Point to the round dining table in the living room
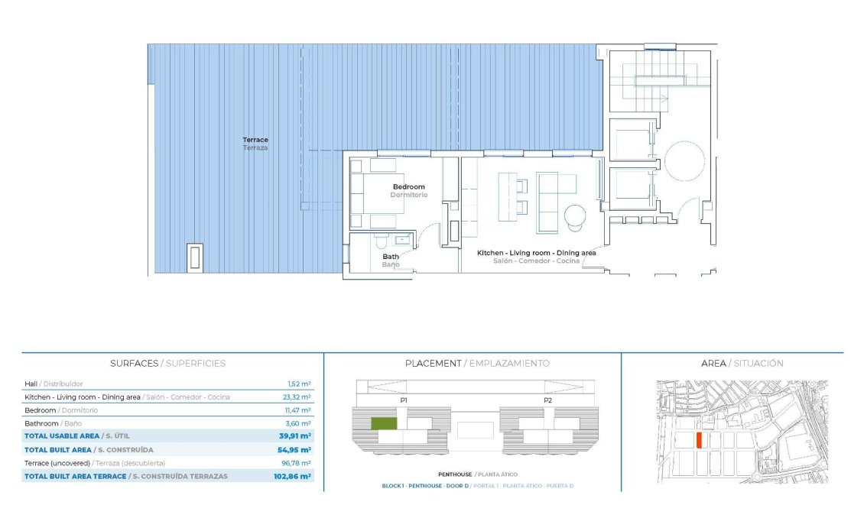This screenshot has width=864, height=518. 574,216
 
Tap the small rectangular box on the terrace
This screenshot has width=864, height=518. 196,257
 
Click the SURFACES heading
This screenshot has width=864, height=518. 135,364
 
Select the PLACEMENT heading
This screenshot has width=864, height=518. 433,364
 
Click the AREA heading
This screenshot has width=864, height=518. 713,364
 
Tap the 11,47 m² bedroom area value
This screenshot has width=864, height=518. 298,410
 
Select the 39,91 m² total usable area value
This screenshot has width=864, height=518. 295,435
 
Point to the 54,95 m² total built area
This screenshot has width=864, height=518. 295,450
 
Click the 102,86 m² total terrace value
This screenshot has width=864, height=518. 294,476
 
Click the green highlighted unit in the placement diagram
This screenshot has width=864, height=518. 384,422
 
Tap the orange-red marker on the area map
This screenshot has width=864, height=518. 699,440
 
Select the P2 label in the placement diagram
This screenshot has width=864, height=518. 547,400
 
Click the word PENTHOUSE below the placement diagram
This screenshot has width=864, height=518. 453,474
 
